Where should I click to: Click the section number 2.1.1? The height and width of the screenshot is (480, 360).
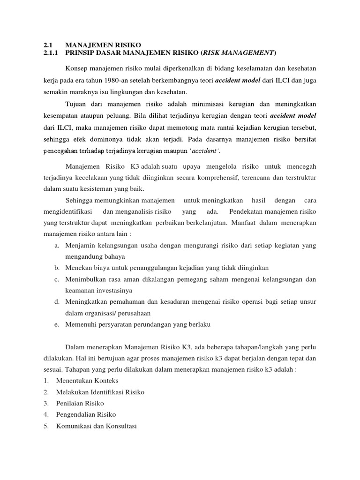click(x=49, y=52)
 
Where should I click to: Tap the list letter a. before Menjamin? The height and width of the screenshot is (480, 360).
click(x=56, y=246)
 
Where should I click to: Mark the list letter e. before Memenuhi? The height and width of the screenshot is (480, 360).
click(x=56, y=324)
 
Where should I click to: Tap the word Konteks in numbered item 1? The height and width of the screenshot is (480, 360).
click(x=105, y=381)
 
